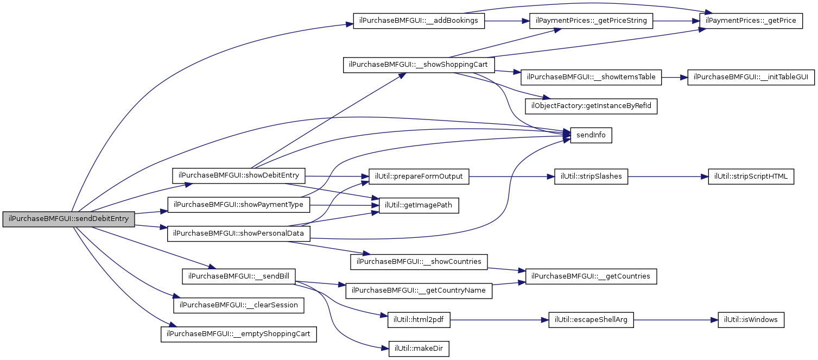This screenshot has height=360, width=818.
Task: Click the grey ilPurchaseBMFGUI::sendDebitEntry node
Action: pyautogui.click(x=68, y=219)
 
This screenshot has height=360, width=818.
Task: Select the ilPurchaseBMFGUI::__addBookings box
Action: pyautogui.click(x=418, y=21)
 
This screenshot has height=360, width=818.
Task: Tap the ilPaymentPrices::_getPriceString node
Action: pyautogui.click(x=591, y=21)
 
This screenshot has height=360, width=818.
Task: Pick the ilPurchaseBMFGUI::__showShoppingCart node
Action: pyautogui.click(x=418, y=65)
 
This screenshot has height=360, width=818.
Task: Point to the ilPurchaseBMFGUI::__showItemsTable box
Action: pyautogui.click(x=591, y=77)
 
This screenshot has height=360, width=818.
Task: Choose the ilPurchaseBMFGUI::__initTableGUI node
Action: pyautogui.click(x=751, y=77)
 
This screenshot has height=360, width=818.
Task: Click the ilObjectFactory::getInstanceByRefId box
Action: pyautogui.click(x=591, y=106)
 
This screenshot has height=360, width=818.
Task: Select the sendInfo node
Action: pyautogui.click(x=591, y=135)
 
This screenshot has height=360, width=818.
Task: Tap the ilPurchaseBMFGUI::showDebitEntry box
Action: pyautogui.click(x=239, y=176)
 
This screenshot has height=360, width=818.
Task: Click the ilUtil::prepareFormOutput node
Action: pyautogui.click(x=418, y=176)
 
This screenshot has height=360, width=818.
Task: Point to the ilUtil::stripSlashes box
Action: pyautogui.click(x=591, y=176)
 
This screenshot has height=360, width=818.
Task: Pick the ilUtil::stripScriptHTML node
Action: pyautogui.click(x=751, y=176)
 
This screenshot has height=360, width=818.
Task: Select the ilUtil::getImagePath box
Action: pyautogui.click(x=418, y=206)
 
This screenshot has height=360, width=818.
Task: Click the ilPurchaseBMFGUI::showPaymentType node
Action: pyautogui.click(x=239, y=205)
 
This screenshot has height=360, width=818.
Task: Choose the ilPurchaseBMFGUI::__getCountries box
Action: pyautogui.click(x=591, y=276)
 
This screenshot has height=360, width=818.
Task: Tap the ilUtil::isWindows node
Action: pyautogui.click(x=751, y=320)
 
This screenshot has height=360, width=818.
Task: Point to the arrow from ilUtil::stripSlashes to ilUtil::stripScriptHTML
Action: pyautogui.click(x=668, y=176)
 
